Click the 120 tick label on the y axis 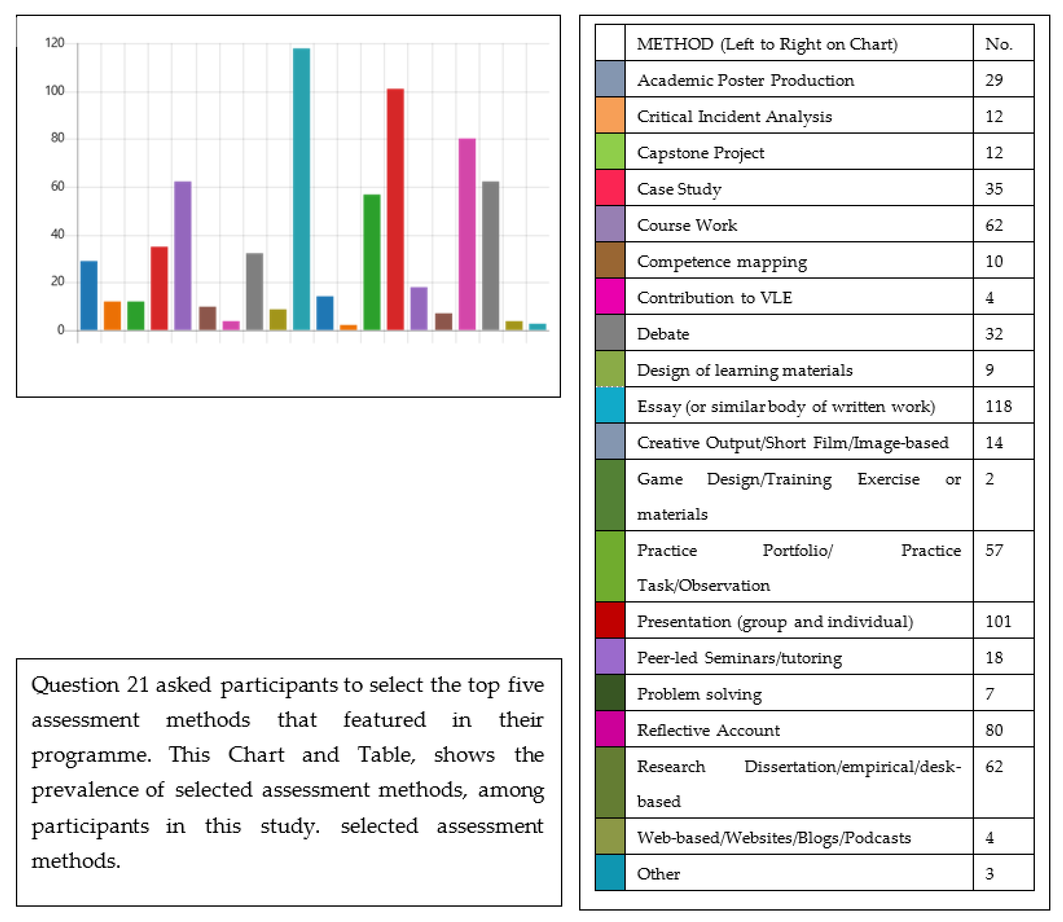[x=55, y=43]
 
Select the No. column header [x=999, y=44]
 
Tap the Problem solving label [x=699, y=694]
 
